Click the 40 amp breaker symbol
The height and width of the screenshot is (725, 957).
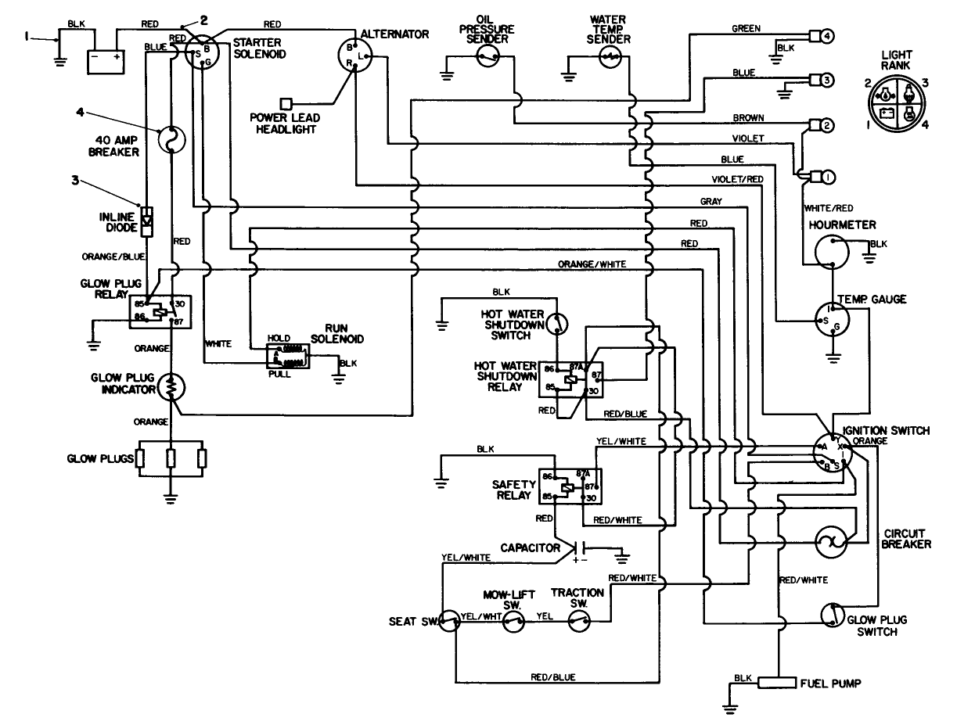pos(171,139)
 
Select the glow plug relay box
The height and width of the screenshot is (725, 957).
pos(160,311)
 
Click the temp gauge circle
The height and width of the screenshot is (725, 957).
pos(832,317)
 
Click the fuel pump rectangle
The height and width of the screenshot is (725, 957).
pos(777,682)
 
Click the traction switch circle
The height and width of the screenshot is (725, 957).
pos(578,622)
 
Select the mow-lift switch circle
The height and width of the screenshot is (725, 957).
pos(513,622)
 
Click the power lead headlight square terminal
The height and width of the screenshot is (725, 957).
pos(286,103)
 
